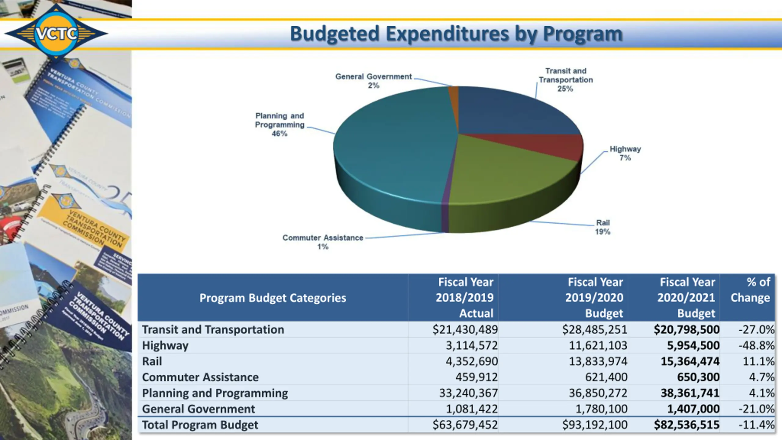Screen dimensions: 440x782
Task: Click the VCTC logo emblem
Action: pyautogui.click(x=56, y=33)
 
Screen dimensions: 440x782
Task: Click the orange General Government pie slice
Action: pyautogui.click(x=454, y=92)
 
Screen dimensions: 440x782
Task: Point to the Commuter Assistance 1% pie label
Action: pyautogui.click(x=323, y=242)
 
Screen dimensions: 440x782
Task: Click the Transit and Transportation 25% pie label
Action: pyautogui.click(x=566, y=80)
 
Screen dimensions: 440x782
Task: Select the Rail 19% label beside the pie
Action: pyautogui.click(x=603, y=227)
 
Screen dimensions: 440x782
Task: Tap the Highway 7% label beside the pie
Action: pyautogui.click(x=625, y=153)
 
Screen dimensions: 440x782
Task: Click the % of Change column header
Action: pyautogui.click(x=750, y=290)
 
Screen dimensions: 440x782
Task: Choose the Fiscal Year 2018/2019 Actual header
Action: pyautogui.click(x=465, y=297)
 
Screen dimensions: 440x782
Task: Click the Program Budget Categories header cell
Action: pyautogui.click(x=272, y=298)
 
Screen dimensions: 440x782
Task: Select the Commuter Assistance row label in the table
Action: pyautogui.click(x=200, y=377)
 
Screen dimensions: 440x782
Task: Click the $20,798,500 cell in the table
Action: pyautogui.click(x=686, y=329)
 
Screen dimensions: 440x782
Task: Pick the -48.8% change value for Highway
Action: pyautogui.click(x=756, y=345)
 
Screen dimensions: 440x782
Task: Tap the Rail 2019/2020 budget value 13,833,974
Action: pyautogui.click(x=598, y=361)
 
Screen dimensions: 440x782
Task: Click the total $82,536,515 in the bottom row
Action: pyautogui.click(x=686, y=425)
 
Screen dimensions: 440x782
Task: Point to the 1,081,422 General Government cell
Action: pyautogui.click(x=472, y=409)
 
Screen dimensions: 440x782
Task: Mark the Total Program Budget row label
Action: pyautogui.click(x=200, y=425)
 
